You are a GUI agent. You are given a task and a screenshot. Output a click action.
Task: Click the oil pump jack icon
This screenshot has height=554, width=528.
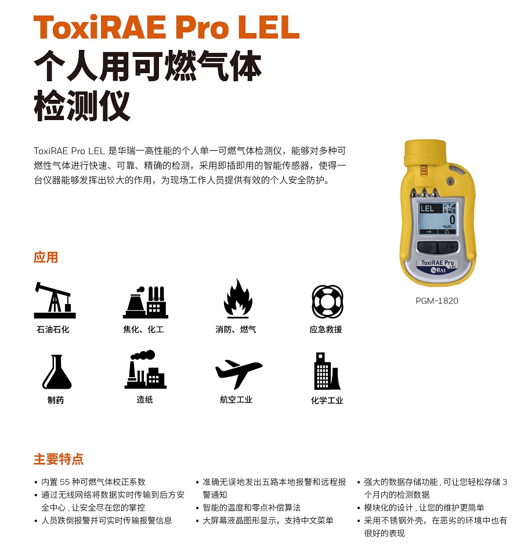pos(55,300)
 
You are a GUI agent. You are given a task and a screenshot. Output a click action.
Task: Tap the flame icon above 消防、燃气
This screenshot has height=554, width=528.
pos(238,299)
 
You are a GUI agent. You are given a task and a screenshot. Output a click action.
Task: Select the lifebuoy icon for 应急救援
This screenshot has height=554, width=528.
pos(327,302)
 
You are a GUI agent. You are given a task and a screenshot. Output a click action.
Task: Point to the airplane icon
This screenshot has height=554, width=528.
pos(238,373)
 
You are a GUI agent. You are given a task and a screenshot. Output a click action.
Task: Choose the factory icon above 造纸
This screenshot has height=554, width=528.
pos(145,370)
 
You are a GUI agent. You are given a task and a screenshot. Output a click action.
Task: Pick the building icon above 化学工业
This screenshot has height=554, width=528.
pos(327,371)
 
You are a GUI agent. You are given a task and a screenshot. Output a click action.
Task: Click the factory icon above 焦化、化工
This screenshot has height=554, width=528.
pos(145,302)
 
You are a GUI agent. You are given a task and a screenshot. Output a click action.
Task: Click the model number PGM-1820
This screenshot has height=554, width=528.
pos(437,300)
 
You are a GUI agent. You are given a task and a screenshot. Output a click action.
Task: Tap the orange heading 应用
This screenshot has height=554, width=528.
pos(46,257)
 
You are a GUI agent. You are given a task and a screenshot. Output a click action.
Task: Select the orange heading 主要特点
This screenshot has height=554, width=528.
pos(59,459)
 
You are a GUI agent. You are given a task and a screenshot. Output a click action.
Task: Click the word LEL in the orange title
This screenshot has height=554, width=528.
pos(269,27)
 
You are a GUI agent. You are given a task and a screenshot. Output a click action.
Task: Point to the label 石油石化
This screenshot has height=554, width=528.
pos(53,329)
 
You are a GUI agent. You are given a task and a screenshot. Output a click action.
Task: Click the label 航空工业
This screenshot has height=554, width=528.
pos(236,400)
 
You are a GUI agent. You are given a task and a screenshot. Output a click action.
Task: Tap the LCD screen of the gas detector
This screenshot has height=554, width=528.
pos(437,218)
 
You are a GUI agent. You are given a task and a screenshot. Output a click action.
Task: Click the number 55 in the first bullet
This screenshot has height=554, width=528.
pos(64,482)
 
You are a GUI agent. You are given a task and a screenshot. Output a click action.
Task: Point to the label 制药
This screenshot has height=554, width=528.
pos(56,400)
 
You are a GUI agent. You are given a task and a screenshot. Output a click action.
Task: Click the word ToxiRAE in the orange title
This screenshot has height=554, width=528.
pos(100,27)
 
